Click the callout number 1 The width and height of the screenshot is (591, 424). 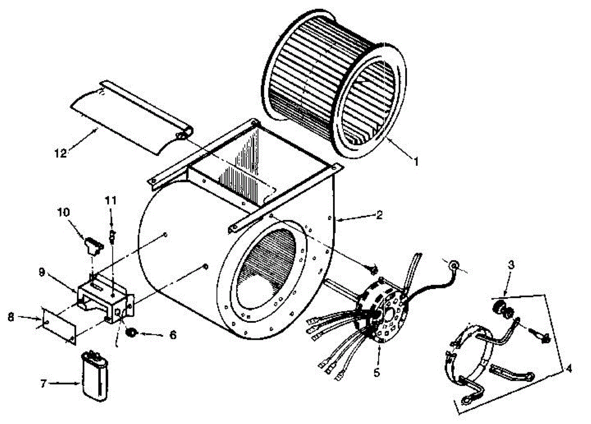[x=415, y=161]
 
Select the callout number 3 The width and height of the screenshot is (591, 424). [x=511, y=265]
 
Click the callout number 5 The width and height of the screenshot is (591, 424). [x=377, y=373]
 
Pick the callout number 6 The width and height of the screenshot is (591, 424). [x=172, y=335]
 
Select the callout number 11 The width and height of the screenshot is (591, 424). [x=111, y=200]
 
